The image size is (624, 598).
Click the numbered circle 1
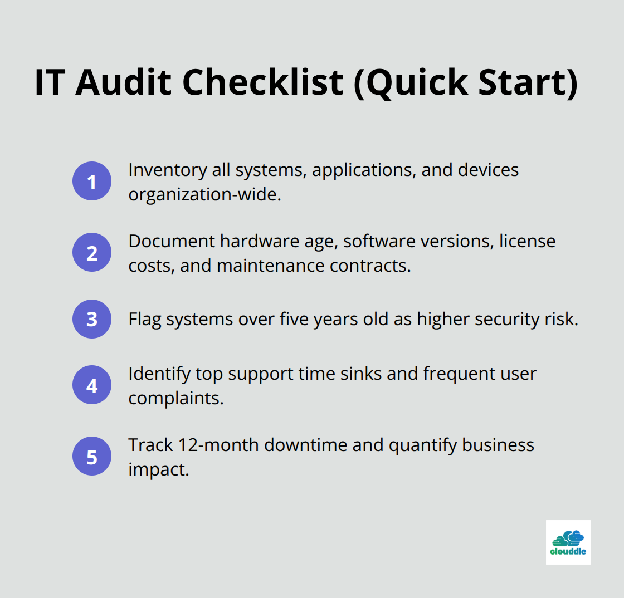92,181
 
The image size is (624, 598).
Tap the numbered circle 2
92,252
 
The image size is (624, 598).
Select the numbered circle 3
92,318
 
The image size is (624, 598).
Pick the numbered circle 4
92,385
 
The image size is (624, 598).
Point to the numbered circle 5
92,456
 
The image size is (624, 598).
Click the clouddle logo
568,542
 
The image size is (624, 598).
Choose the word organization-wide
204,195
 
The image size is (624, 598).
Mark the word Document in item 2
172,242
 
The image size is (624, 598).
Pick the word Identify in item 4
158,374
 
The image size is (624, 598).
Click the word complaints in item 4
175,399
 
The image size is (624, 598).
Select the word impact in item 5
158,470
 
